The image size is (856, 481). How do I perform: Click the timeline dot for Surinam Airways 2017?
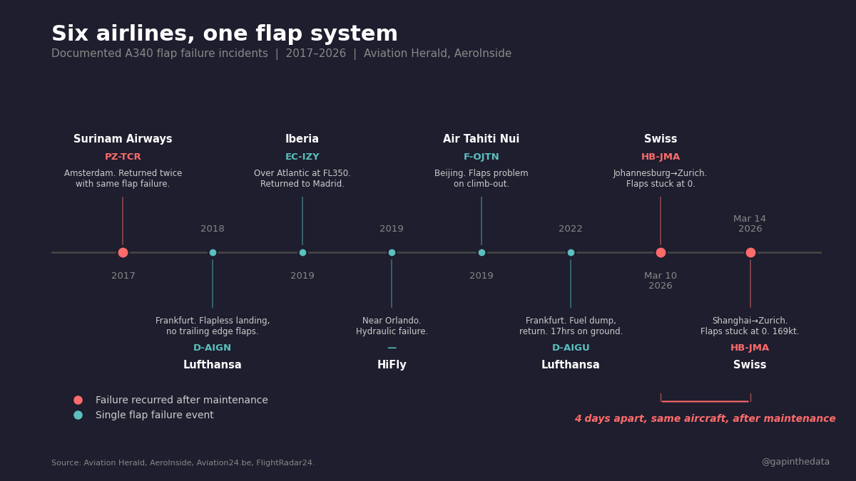pyautogui.click(x=123, y=252)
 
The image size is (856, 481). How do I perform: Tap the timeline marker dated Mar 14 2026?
pyautogui.click(x=750, y=252)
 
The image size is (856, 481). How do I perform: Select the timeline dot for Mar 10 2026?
pyautogui.click(x=661, y=252)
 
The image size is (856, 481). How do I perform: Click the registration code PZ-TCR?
pyautogui.click(x=123, y=157)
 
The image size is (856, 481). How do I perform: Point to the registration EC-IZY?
pyautogui.click(x=302, y=157)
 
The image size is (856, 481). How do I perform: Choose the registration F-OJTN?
pyautogui.click(x=481, y=157)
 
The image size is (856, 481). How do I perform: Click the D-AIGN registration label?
pyautogui.click(x=213, y=348)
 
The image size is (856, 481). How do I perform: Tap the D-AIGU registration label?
pyautogui.click(x=571, y=348)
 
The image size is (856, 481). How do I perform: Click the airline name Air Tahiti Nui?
pyautogui.click(x=481, y=139)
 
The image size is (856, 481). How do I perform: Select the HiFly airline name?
pyautogui.click(x=392, y=365)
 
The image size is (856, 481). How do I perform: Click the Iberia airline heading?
pyautogui.click(x=302, y=139)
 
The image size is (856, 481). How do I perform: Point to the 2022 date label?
pyautogui.click(x=571, y=229)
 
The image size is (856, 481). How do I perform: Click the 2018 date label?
pyautogui.click(x=213, y=229)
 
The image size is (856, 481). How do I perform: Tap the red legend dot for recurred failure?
pyautogui.click(x=78, y=400)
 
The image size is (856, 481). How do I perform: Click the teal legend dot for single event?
pyautogui.click(x=78, y=415)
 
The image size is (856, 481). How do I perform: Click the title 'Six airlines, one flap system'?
pyautogui.click(x=225, y=34)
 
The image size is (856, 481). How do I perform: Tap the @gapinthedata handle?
pyautogui.click(x=795, y=462)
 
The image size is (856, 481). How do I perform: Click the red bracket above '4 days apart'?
pyautogui.click(x=705, y=400)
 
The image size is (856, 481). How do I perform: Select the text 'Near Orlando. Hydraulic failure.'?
pyautogui.click(x=392, y=326)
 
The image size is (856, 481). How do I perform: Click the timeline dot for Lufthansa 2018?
pyautogui.click(x=213, y=252)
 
